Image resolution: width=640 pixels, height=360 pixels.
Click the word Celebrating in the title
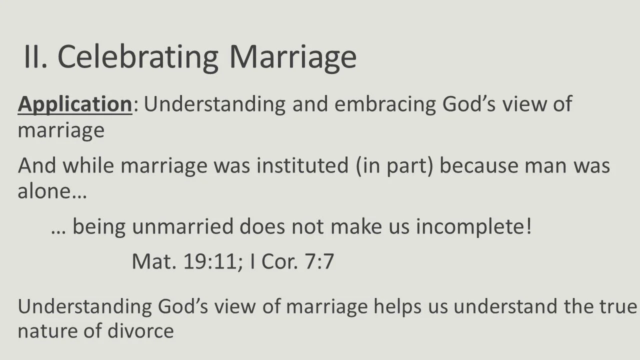[138, 57]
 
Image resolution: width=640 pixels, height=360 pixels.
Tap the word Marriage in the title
[292, 57]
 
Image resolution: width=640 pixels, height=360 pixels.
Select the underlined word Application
[74, 104]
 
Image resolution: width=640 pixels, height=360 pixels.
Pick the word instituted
[301, 165]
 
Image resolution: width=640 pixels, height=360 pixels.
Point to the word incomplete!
[474, 226]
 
